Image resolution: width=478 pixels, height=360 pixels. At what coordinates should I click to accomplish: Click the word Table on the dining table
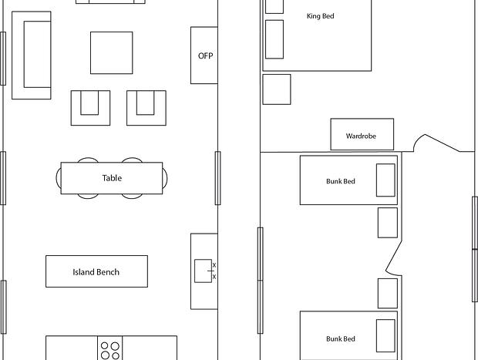coord(112,178)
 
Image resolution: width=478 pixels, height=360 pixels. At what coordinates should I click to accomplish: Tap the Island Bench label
coord(96,272)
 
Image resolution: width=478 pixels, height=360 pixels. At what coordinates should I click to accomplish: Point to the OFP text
coord(206,56)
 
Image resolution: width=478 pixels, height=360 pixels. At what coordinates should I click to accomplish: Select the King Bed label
coord(321,16)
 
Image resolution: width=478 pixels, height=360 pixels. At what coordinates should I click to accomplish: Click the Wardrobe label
coord(361,136)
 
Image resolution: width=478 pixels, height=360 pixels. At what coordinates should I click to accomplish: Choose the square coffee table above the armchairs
coord(112,52)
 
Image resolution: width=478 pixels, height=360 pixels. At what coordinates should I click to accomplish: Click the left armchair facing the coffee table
coord(90,108)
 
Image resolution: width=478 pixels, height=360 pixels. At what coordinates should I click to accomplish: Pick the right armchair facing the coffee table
coord(146,108)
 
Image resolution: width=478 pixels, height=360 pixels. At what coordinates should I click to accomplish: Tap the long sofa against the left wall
coord(32,56)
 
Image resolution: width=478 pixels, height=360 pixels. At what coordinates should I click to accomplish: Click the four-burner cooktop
coord(110,348)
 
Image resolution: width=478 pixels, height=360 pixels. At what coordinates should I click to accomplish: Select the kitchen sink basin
coord(203,271)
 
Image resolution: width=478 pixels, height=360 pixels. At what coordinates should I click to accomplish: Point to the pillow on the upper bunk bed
coord(385,180)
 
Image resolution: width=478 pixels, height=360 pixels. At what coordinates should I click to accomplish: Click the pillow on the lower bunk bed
coord(385,335)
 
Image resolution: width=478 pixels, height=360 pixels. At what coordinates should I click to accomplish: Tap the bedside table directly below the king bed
coord(277,89)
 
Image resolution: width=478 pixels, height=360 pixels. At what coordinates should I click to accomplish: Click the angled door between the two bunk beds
coord(394,257)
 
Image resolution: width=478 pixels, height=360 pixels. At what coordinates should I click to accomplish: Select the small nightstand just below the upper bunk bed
coord(388,223)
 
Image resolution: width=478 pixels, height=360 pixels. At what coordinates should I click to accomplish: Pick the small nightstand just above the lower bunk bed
coord(388,293)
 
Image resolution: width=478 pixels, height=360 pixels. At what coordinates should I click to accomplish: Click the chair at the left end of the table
coord(59,178)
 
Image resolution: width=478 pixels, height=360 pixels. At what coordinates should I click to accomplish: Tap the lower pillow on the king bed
coord(274,39)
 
